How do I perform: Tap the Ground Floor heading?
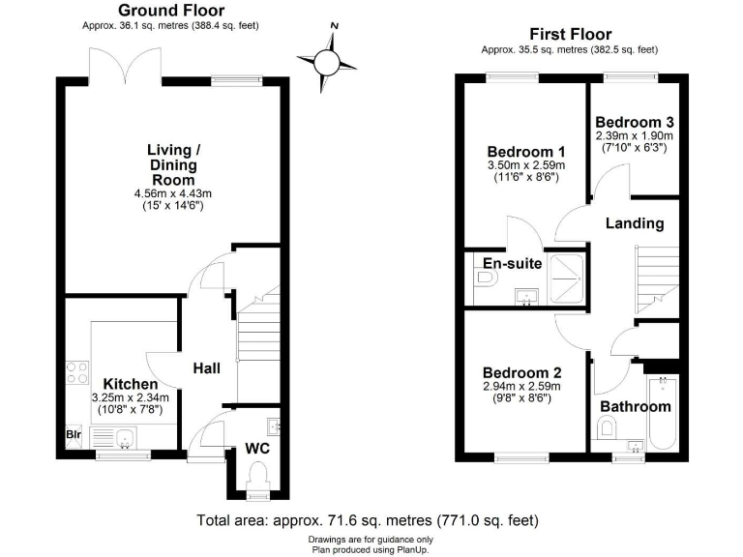pos(170,11)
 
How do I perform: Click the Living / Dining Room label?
pos(172,164)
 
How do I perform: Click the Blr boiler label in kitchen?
pos(74,435)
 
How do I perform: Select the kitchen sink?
pos(123,441)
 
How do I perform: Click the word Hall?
pos(206,368)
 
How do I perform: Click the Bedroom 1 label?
pos(525,152)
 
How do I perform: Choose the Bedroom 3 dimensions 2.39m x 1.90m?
pos(634,136)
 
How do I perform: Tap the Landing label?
pos(635,223)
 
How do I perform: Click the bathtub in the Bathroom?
pos(663,413)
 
